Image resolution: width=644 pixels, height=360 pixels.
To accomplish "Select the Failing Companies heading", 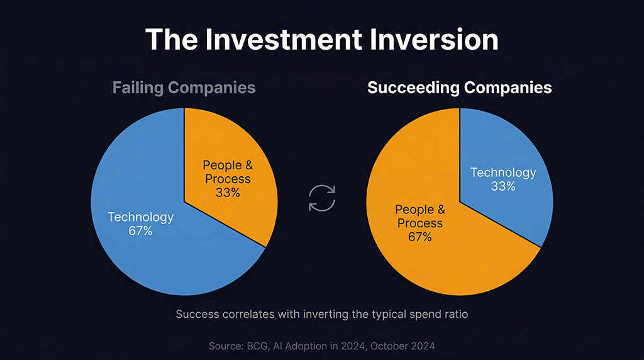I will click(x=184, y=87).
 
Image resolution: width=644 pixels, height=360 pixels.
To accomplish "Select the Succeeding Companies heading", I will click(x=459, y=87).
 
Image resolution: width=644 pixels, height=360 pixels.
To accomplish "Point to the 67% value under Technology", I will click(x=140, y=231).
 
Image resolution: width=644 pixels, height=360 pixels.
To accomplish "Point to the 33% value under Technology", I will click(x=503, y=186).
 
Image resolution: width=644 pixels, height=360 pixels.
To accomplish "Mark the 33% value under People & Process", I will click(x=227, y=193).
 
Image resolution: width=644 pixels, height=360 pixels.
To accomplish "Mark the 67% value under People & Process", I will click(x=419, y=237).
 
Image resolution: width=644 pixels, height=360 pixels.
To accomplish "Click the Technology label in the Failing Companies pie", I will click(x=140, y=217).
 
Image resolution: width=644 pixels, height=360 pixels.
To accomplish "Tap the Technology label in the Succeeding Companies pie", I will click(x=503, y=172).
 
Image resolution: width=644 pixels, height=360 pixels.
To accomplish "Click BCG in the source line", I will click(x=254, y=346).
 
